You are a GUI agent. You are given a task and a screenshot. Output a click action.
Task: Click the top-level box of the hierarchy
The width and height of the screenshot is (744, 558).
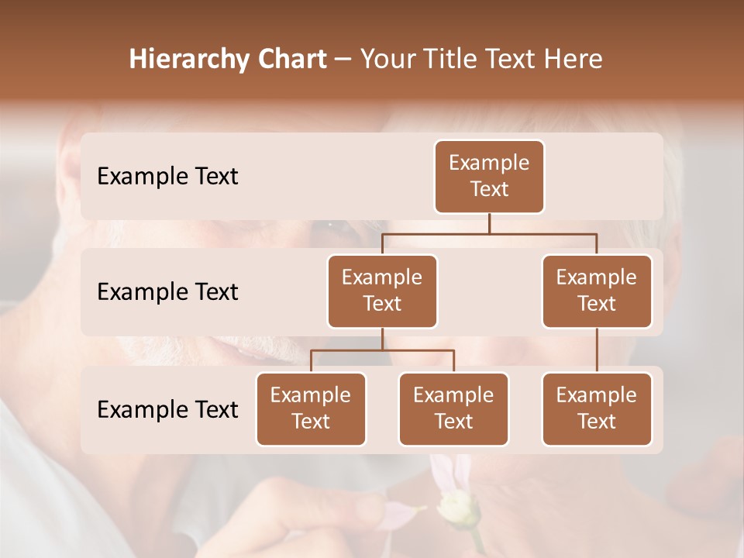[x=489, y=176]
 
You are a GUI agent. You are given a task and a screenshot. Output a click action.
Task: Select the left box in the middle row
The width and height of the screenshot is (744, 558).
[x=382, y=291]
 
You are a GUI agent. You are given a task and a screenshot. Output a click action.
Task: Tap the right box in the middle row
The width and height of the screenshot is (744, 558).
[x=597, y=291]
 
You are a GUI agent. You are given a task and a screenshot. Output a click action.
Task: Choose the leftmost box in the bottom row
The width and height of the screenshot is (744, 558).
[x=311, y=408]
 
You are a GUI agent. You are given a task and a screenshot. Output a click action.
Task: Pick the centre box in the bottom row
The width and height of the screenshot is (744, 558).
[x=453, y=408]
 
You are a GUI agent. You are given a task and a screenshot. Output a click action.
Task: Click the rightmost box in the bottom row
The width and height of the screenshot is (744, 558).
[x=597, y=408]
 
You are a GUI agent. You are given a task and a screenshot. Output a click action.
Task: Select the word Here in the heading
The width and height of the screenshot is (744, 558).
[x=574, y=60]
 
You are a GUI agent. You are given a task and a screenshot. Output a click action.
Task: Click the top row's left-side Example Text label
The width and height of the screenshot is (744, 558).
[x=167, y=177]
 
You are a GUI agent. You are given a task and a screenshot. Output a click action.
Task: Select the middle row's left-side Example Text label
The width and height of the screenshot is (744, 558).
[x=167, y=292]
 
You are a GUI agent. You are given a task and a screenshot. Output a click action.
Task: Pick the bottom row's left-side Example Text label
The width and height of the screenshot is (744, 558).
[x=167, y=409]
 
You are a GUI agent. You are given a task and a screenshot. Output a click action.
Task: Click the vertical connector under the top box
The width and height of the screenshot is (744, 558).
[x=489, y=223]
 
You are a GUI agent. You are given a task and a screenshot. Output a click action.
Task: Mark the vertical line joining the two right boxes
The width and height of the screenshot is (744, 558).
[x=597, y=350]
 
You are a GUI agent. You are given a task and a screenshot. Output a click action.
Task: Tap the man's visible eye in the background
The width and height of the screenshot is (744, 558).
[x=332, y=226]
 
